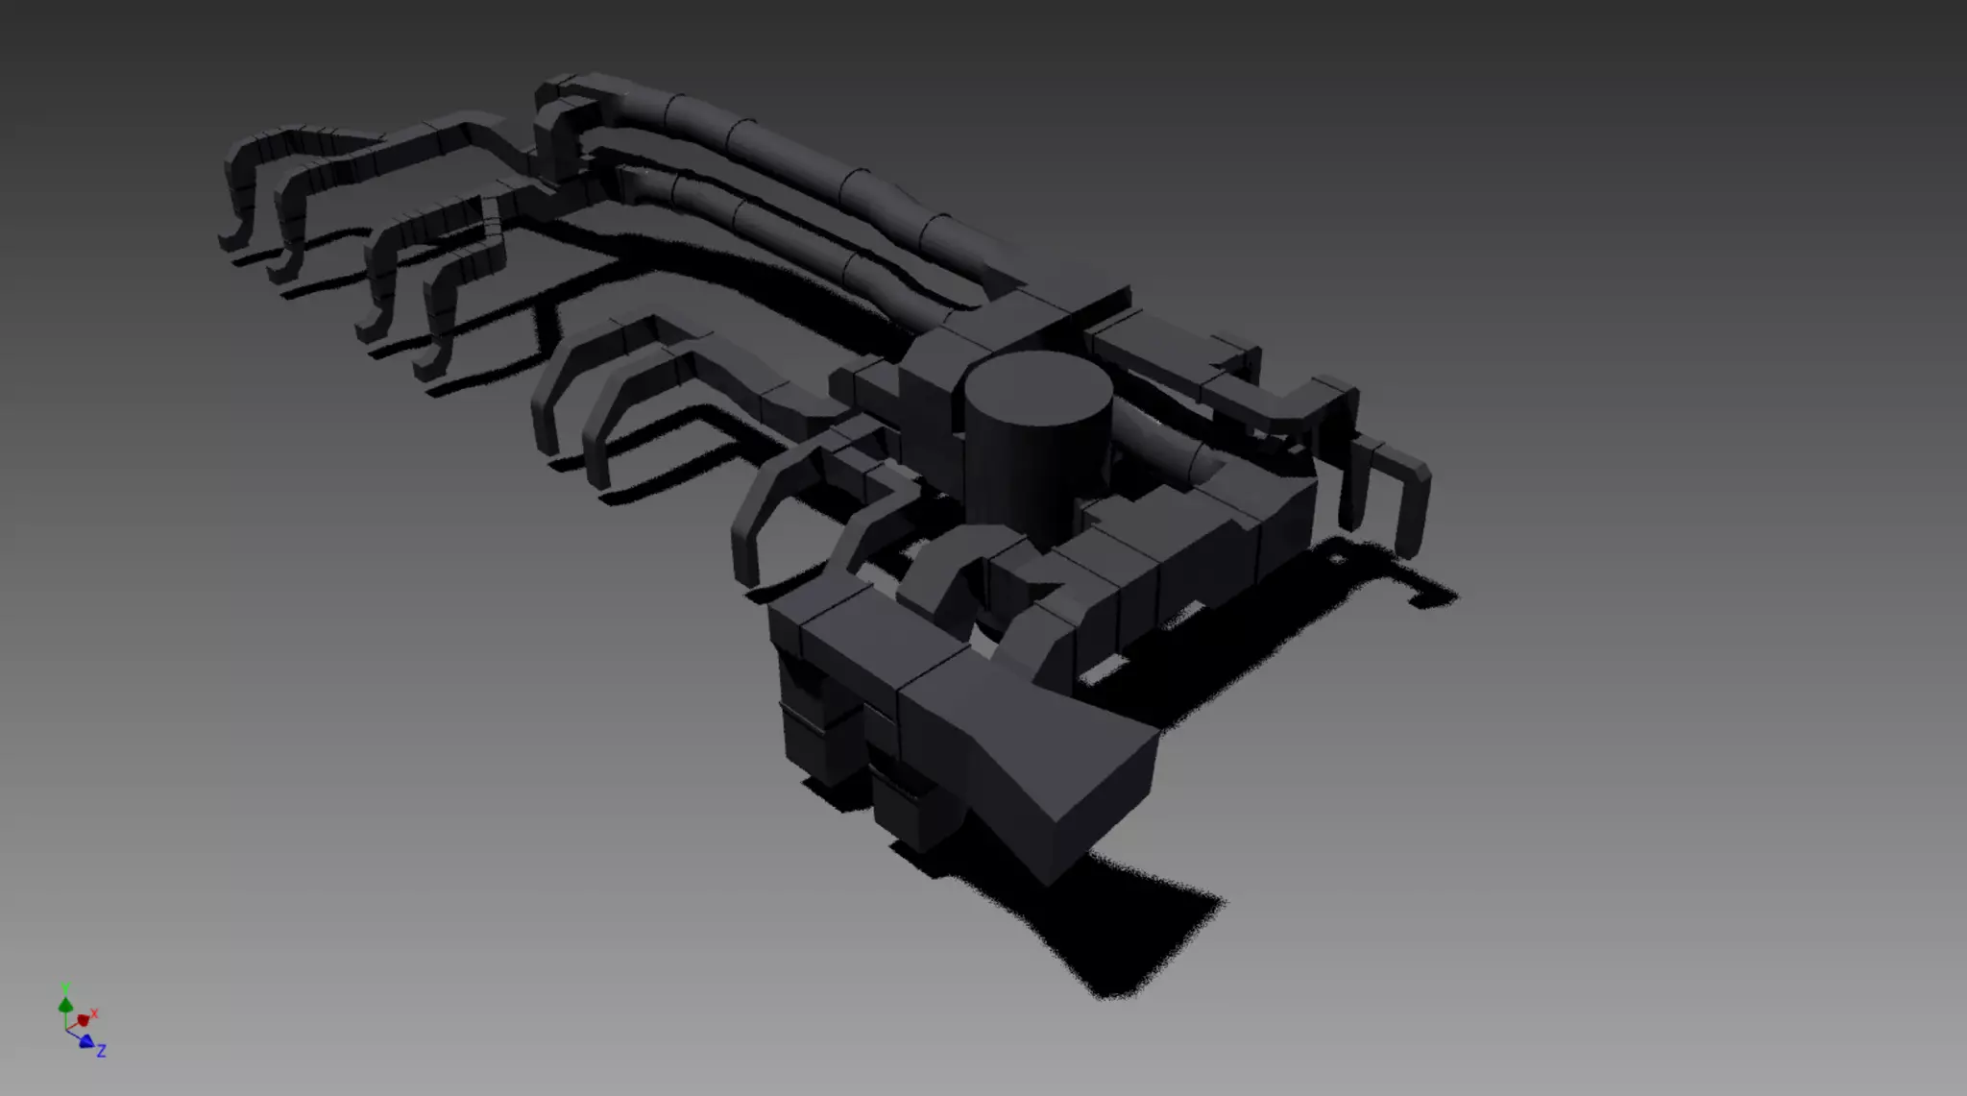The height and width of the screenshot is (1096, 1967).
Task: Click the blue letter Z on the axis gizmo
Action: click(101, 1051)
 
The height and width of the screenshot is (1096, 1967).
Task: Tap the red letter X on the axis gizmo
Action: click(95, 1013)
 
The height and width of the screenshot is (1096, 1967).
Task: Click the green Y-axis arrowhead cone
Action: click(65, 1005)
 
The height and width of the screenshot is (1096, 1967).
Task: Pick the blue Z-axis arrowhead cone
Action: click(85, 1041)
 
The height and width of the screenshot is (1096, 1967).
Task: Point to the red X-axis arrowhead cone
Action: click(83, 1020)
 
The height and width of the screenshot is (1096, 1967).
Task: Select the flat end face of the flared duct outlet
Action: click(1105, 806)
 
